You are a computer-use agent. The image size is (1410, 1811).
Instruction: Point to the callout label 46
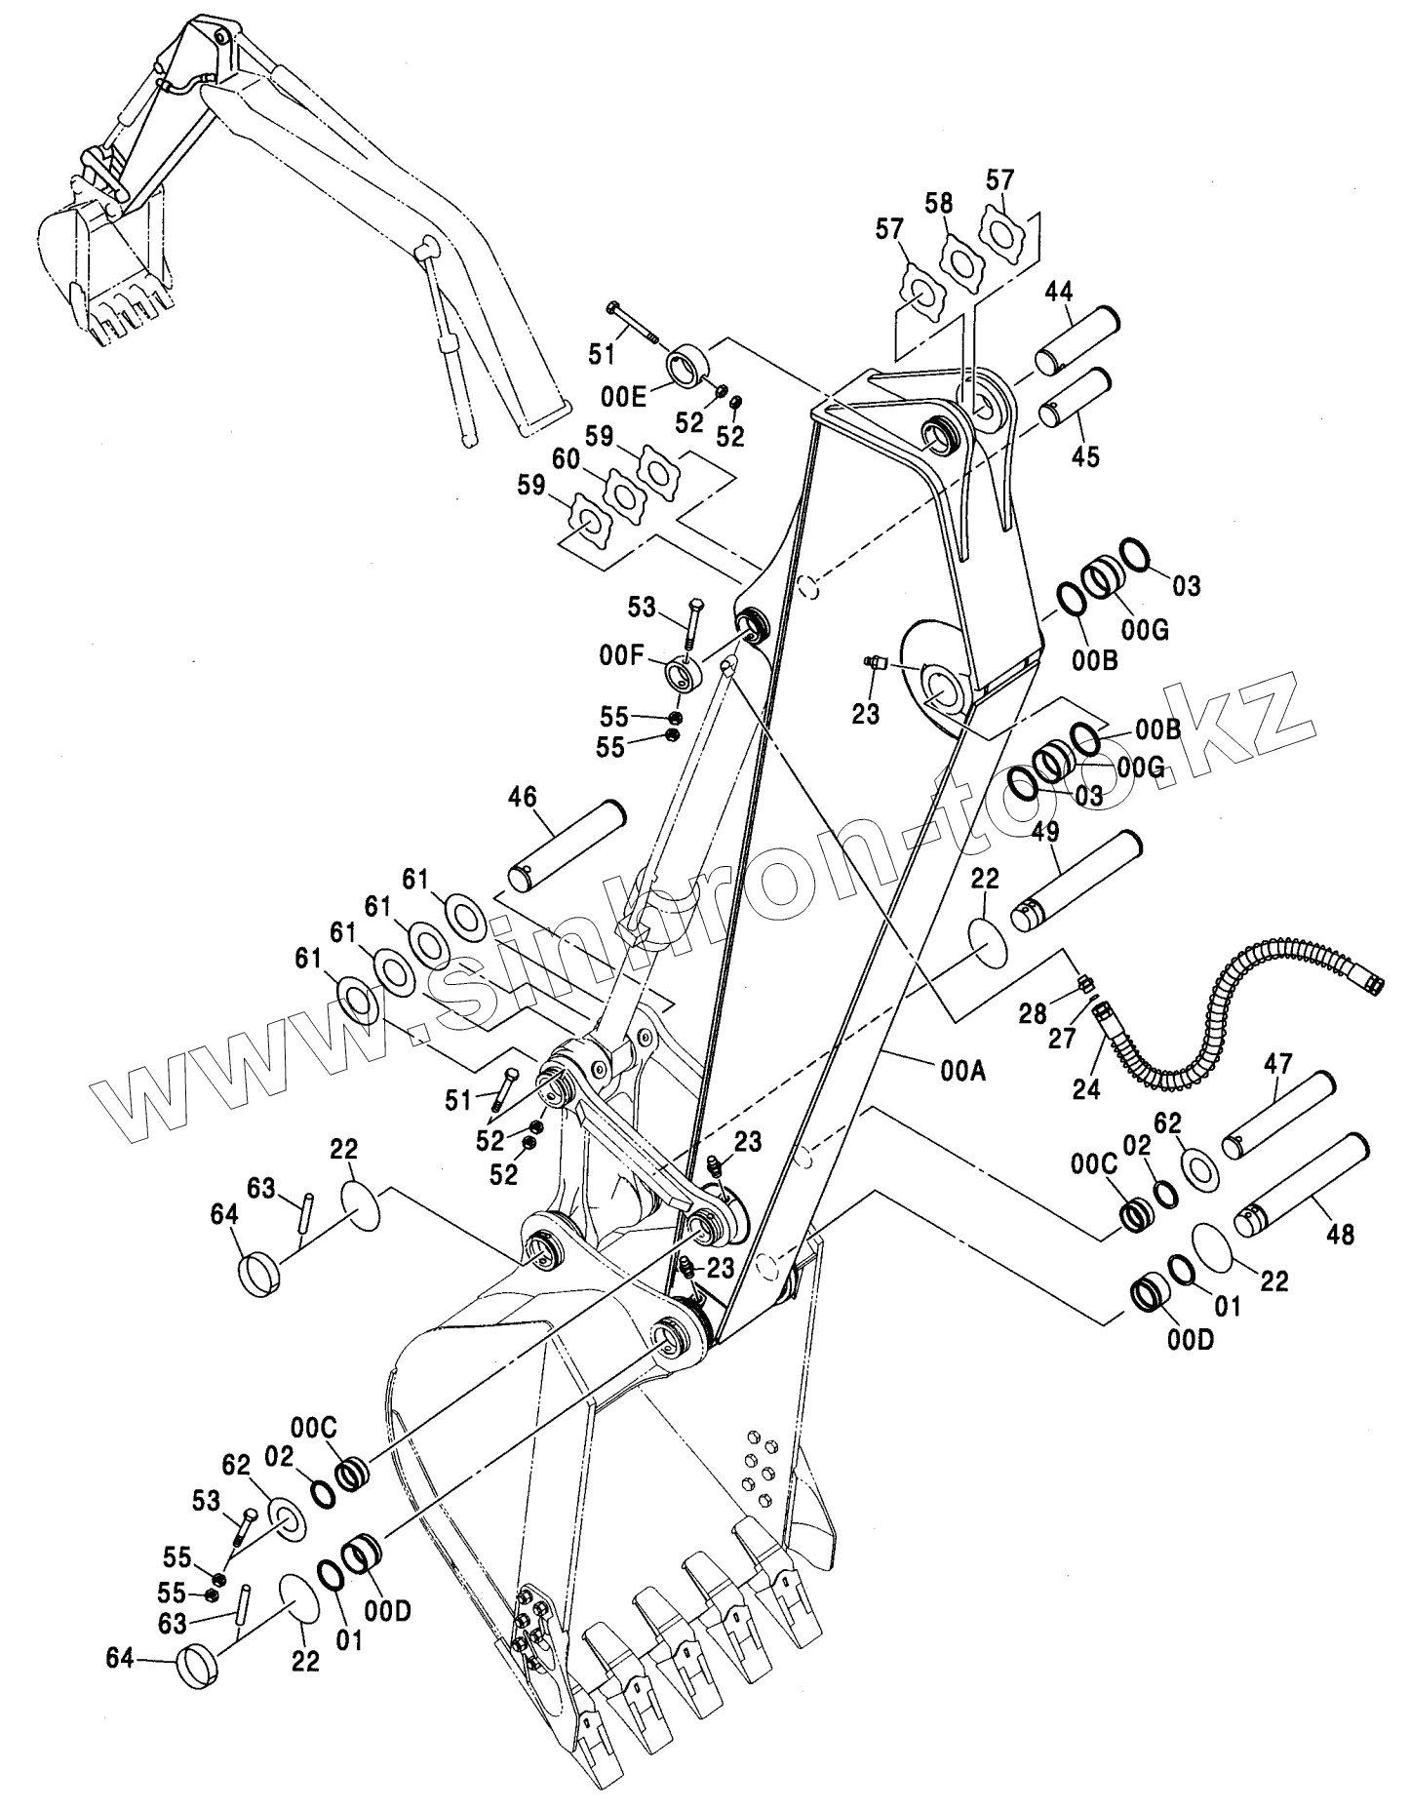523,797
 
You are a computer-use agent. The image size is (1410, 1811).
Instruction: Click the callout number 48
1341,1234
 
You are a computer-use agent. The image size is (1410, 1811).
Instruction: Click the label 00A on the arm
963,1071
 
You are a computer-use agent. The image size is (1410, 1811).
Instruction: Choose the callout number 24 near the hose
1086,1089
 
